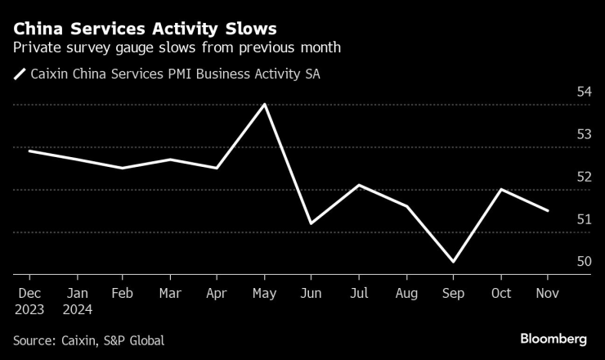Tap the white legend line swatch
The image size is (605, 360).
[20, 74]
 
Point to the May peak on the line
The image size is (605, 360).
[263, 104]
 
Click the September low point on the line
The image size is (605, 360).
[452, 262]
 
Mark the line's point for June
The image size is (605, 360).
[311, 223]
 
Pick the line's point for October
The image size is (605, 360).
[500, 189]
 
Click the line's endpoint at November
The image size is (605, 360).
[547, 210]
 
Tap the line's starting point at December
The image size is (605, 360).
[29, 151]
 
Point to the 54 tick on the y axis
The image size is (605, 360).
[585, 92]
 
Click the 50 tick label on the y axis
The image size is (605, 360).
[585, 262]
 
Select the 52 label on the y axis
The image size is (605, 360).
[585, 177]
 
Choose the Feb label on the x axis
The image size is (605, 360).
[123, 294]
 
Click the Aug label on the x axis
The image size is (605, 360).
[406, 294]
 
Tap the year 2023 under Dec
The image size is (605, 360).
[29, 310]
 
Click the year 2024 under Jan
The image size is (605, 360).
[76, 310]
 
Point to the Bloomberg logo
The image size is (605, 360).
[553, 339]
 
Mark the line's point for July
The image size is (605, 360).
[358, 185]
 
